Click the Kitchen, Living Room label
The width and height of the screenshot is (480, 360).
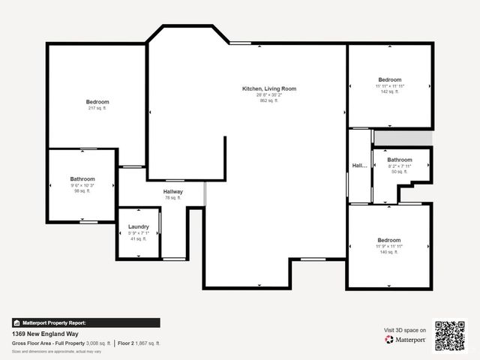[x=268, y=88]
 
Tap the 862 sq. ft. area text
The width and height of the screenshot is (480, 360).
[x=268, y=100]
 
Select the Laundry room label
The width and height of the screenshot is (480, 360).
[x=139, y=226]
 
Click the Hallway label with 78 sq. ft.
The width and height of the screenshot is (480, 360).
[x=173, y=192]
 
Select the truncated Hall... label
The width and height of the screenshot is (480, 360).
[x=359, y=166]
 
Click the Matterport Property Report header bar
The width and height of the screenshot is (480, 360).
[x=85, y=322]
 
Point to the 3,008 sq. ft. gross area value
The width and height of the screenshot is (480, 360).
[x=97, y=343]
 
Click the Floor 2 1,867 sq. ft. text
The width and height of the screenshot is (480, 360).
[x=139, y=343]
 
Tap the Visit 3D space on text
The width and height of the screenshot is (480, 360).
[x=405, y=330]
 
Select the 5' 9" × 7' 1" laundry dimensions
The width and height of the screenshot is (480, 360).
[x=139, y=232]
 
